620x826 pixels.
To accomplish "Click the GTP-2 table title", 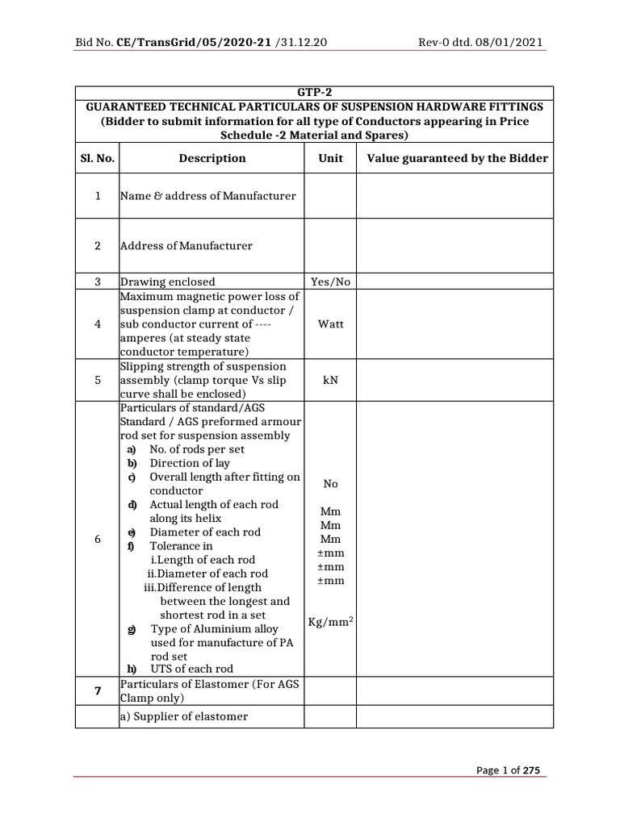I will pos(314,93).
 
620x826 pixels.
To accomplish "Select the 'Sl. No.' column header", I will pos(97,158).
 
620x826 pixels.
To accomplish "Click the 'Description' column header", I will pos(212,158).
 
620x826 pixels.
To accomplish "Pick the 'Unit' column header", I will pos(330,158).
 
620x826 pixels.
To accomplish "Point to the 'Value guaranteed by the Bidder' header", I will pos(457,158).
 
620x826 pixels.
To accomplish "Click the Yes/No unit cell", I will pos(330,282).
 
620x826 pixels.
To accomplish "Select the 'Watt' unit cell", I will pos(330,323).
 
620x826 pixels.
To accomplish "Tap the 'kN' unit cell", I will pos(330,379).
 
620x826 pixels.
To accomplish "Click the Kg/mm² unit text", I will pos(330,623).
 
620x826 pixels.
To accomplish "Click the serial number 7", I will pos(97,691).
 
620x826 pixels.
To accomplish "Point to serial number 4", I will pos(97,323).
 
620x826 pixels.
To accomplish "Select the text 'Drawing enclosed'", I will pos(168,282).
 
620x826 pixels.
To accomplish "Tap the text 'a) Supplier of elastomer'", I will pos(184,716).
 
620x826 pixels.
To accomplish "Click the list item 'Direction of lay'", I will pos(190,463).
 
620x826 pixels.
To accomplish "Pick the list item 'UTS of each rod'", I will pos(191,669).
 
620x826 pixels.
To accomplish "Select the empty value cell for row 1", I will pos(455,195).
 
